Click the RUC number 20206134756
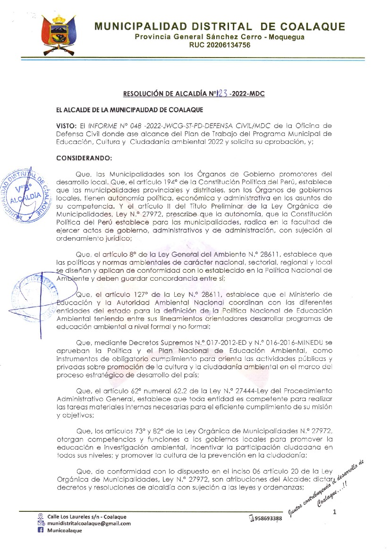220,45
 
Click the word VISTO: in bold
66,125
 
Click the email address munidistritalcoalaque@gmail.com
89,523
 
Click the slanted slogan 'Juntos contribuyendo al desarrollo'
326,488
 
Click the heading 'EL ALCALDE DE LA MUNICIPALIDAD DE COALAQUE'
129,110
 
